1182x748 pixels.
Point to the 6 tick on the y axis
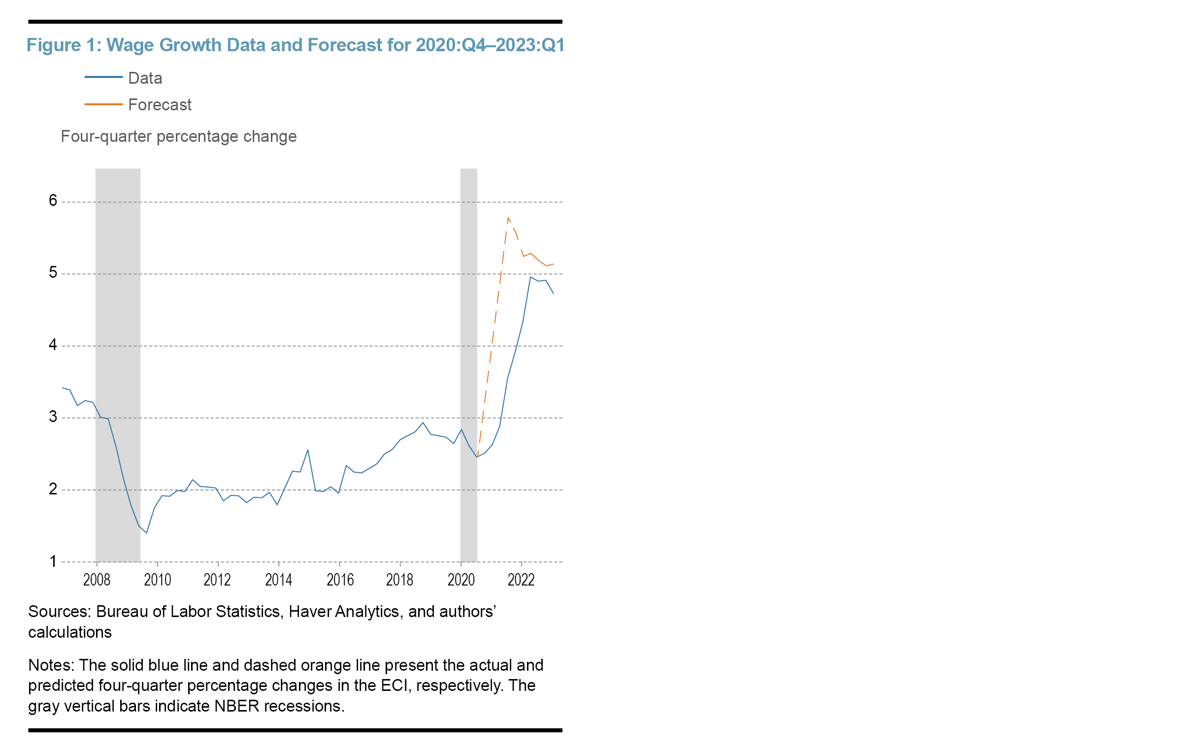(53, 200)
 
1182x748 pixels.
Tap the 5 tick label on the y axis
(53, 272)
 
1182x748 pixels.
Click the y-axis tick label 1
(53, 561)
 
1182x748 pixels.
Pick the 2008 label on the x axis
(97, 580)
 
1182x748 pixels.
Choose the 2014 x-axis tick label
(278, 580)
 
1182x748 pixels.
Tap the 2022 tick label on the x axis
(521, 580)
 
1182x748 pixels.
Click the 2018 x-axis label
(399, 580)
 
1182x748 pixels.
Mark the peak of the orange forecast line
(508, 218)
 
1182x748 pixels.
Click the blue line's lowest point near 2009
(146, 532)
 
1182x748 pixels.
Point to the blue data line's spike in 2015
(308, 450)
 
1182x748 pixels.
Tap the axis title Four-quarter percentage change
(178, 136)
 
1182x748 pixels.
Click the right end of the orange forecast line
(554, 264)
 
